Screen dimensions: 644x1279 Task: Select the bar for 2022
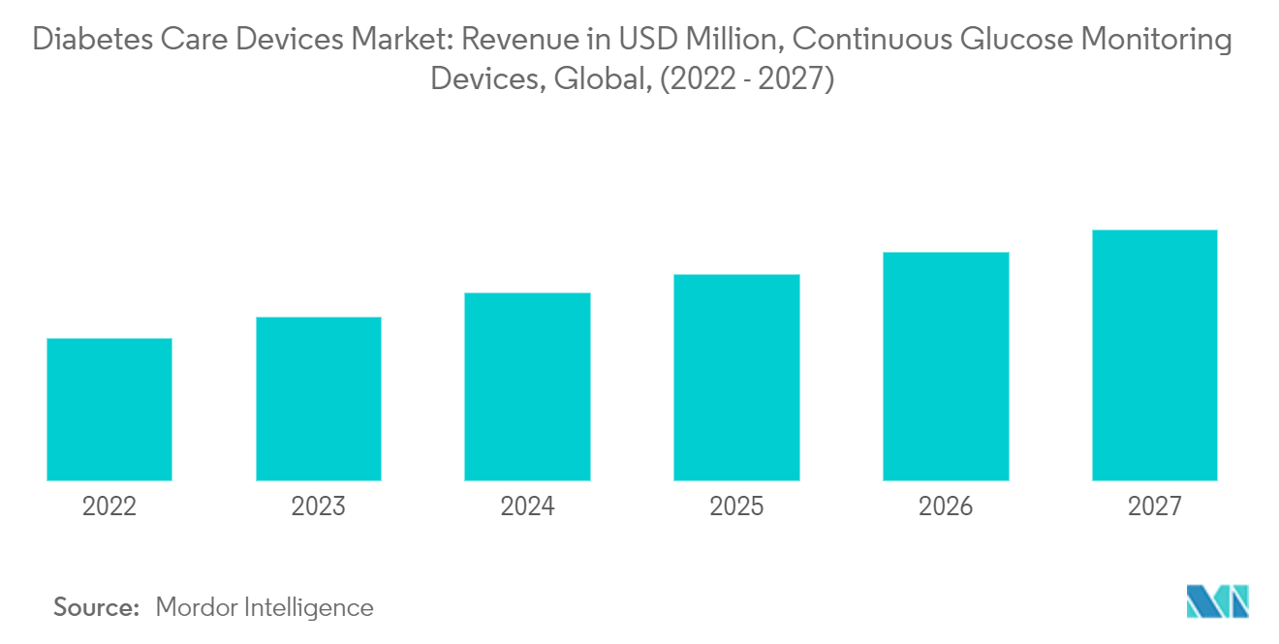(x=109, y=410)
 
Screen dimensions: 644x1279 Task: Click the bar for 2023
(x=319, y=399)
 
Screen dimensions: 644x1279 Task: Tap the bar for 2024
(x=527, y=386)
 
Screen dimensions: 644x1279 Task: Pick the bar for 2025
(x=736, y=378)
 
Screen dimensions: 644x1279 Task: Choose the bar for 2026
(x=946, y=366)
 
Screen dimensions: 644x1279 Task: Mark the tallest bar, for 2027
(x=1154, y=355)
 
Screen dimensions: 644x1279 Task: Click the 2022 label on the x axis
(x=109, y=506)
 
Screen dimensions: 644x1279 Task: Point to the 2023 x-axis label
(x=319, y=506)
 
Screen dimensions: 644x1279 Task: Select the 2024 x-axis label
(x=527, y=506)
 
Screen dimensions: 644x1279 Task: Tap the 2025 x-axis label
(x=736, y=506)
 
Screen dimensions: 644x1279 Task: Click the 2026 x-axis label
(x=946, y=506)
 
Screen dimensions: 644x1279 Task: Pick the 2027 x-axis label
(x=1154, y=506)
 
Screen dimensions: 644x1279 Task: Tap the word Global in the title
(x=601, y=79)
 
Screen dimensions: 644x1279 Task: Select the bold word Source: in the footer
(x=97, y=607)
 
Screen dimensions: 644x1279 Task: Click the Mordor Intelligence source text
(x=264, y=607)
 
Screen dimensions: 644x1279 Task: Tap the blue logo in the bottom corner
(x=1217, y=601)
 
